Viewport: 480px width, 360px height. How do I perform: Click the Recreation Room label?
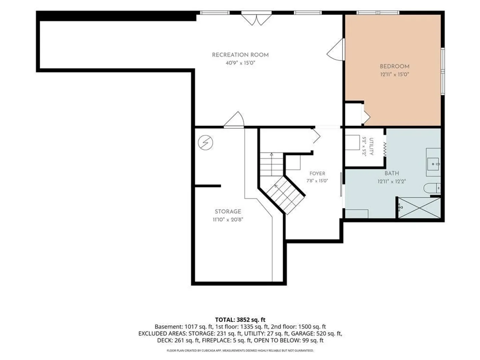240,55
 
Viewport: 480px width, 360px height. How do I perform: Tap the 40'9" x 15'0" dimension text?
240,63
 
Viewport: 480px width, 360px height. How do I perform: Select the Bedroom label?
394,66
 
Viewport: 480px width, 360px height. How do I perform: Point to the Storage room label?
228,211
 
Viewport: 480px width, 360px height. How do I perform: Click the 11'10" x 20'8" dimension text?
228,219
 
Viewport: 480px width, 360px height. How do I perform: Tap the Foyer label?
317,174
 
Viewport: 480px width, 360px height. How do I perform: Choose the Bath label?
392,173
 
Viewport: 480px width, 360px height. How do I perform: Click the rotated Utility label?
371,146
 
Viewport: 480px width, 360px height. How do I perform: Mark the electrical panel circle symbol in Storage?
205,143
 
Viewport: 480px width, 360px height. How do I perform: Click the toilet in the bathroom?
432,188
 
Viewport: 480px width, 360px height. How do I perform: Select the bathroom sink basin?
433,163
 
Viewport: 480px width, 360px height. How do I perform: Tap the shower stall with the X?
419,208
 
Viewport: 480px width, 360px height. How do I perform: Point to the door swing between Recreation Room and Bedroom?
336,50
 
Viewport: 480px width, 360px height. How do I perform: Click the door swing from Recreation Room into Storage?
234,119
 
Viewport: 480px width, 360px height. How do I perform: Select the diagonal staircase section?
285,195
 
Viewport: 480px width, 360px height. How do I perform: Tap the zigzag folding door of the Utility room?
385,150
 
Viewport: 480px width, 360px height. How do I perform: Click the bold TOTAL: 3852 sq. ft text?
240,320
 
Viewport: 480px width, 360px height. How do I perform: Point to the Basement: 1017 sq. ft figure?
184,327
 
